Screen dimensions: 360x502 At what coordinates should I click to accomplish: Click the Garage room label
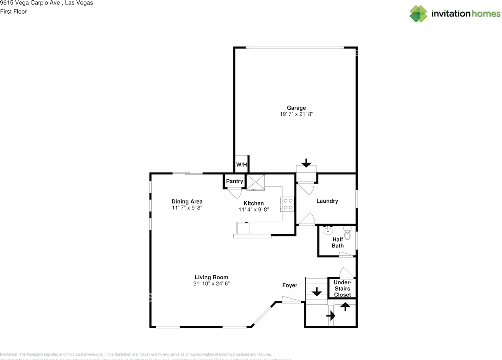click(296, 108)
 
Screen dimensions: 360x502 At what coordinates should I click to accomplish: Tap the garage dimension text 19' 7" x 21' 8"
click(296, 114)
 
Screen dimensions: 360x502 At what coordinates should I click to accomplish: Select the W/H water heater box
click(242, 164)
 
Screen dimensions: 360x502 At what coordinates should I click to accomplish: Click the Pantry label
click(235, 181)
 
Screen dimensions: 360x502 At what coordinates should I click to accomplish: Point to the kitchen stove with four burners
click(288, 204)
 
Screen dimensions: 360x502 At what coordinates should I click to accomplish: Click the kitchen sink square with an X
click(256, 182)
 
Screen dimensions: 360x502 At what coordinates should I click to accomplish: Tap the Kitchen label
click(254, 203)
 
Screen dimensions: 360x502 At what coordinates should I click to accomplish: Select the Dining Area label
click(187, 202)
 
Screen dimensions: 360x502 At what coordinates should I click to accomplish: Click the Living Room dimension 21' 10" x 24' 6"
click(211, 284)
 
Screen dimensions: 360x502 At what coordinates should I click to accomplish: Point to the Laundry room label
click(327, 201)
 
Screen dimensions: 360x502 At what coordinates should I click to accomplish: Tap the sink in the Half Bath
click(327, 231)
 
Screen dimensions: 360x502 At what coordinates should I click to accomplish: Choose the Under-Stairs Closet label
click(342, 289)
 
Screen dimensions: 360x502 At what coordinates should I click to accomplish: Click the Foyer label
click(290, 285)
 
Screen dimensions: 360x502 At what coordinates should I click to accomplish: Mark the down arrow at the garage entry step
click(306, 163)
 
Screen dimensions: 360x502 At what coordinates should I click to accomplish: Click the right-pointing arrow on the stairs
click(331, 315)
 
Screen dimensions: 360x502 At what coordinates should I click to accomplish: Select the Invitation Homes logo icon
click(418, 14)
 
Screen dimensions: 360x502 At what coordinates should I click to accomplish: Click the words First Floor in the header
click(13, 12)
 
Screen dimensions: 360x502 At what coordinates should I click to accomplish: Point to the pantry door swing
click(235, 193)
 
